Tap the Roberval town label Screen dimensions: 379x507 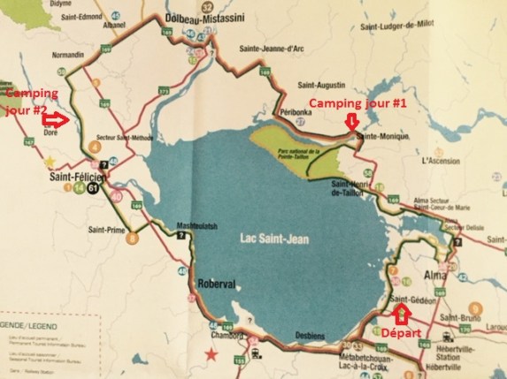click(216, 285)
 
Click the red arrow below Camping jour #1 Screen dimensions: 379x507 click(352, 120)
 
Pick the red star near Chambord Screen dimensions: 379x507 click(211, 355)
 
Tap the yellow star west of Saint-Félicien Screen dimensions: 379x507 click(51, 162)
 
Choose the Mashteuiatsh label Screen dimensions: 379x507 click(196, 224)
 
